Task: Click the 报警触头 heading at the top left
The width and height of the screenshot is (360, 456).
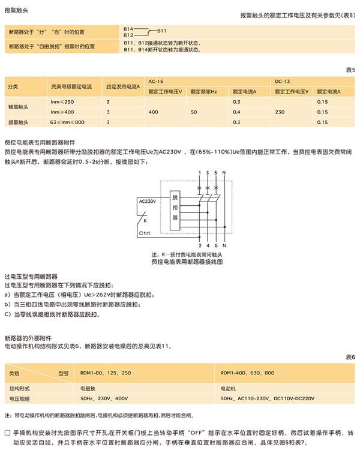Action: pyautogui.click(x=17, y=10)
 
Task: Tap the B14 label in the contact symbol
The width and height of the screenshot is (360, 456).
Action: pyautogui.click(x=128, y=28)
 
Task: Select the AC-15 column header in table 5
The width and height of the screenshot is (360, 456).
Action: pyautogui.click(x=155, y=80)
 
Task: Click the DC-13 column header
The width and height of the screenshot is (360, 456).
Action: pyautogui.click(x=282, y=80)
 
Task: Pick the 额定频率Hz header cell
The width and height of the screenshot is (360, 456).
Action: pyautogui.click(x=203, y=91)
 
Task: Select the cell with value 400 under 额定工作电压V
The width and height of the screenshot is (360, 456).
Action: pyautogui.click(x=154, y=112)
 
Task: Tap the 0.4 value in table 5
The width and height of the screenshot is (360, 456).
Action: pyautogui.click(x=236, y=112)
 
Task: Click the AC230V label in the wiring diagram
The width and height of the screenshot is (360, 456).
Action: pyautogui.click(x=147, y=201)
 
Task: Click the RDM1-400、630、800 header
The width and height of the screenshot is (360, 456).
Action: pyautogui.click(x=247, y=373)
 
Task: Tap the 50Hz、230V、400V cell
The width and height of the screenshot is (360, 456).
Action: pyautogui.click(x=104, y=398)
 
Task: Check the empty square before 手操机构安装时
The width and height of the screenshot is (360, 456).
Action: pyautogui.click(x=7, y=433)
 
